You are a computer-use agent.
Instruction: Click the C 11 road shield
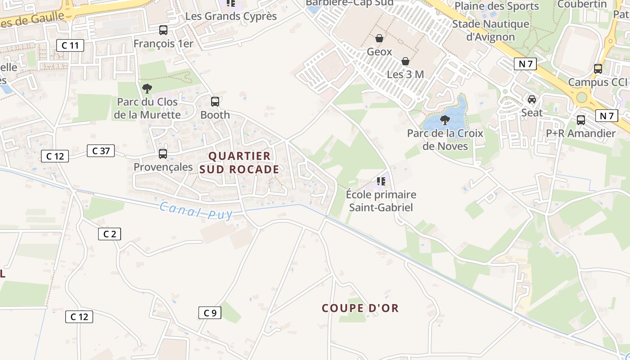tap(70, 45)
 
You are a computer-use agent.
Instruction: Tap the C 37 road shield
tap(101, 151)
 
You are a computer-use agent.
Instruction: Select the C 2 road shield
tap(110, 234)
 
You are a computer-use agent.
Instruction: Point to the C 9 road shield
tap(210, 313)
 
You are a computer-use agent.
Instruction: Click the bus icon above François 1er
tap(163, 30)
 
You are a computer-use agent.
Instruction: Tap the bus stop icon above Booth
tap(215, 102)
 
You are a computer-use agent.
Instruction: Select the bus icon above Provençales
tap(163, 154)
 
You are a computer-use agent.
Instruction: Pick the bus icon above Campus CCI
tap(598, 69)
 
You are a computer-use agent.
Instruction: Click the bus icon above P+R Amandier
tap(581, 120)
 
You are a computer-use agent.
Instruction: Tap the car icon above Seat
tap(532, 99)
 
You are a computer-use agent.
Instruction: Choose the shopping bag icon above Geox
tap(379, 38)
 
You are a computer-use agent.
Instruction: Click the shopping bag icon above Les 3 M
tap(405, 61)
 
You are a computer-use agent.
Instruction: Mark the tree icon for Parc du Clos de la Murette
tap(147, 89)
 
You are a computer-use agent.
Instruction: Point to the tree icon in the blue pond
tap(445, 120)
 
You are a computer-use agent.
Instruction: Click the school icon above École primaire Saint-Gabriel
tap(381, 181)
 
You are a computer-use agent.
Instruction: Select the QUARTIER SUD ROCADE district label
tap(239, 162)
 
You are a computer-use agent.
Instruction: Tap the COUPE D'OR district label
tap(360, 308)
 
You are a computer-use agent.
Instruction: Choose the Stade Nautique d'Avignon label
tap(490, 31)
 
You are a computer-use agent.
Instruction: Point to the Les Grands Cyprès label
tap(231, 17)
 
